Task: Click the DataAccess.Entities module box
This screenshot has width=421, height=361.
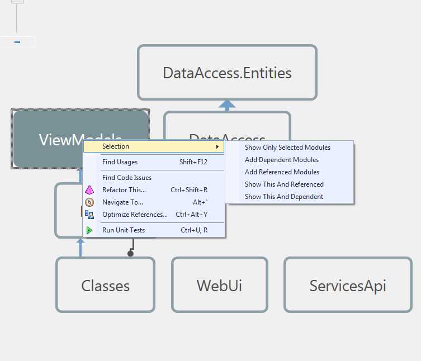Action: (x=227, y=73)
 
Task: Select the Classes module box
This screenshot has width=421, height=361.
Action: (x=105, y=286)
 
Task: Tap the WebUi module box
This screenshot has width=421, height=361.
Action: (x=219, y=286)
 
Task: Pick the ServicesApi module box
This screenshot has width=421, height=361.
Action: (x=347, y=286)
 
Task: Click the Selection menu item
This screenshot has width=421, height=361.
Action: (x=116, y=146)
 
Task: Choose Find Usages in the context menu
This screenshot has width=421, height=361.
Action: (x=120, y=162)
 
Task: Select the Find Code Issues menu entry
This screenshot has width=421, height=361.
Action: (x=127, y=178)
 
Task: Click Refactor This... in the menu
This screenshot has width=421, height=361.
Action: (x=124, y=190)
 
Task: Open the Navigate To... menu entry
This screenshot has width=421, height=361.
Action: (x=122, y=202)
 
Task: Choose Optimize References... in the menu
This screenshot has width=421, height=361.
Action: (x=135, y=215)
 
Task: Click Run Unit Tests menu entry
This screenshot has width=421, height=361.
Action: (x=124, y=230)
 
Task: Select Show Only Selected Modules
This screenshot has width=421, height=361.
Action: (x=287, y=148)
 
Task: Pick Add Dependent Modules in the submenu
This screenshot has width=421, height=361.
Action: (x=282, y=160)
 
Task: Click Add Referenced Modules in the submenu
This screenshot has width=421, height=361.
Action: (x=282, y=172)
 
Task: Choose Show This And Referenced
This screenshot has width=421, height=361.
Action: (x=284, y=184)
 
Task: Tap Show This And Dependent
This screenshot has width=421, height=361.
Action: (x=284, y=197)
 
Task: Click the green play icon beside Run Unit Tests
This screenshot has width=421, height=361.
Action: (x=89, y=230)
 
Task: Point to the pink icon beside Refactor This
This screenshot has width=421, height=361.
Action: (x=89, y=190)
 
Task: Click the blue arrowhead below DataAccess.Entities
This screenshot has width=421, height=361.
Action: (x=227, y=104)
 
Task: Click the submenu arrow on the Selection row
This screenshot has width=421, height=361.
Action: (x=217, y=147)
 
